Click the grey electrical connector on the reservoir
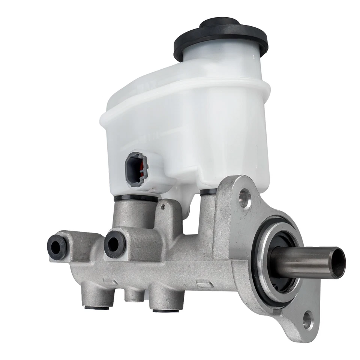pyautogui.click(x=136, y=169)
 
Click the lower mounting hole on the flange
pyautogui.click(x=308, y=319)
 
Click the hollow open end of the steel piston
pyautogui.click(x=337, y=262)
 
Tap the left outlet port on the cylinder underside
pyautogui.click(x=97, y=298)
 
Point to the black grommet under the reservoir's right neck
pyautogui.click(x=208, y=192)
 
